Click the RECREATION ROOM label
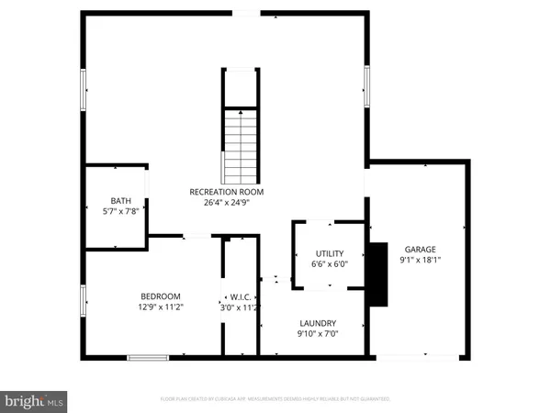click(227, 192)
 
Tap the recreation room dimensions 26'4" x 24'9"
click(227, 203)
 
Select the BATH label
click(121, 201)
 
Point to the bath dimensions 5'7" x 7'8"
click(121, 212)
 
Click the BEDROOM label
click(161, 296)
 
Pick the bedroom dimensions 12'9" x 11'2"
click(161, 307)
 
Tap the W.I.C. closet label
click(240, 296)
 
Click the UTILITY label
click(329, 252)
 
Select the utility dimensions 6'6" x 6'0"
click(329, 263)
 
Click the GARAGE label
click(419, 249)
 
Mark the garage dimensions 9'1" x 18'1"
click(419, 260)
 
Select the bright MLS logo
click(35, 400)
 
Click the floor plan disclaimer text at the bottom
click(275, 399)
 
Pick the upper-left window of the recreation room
click(85, 91)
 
